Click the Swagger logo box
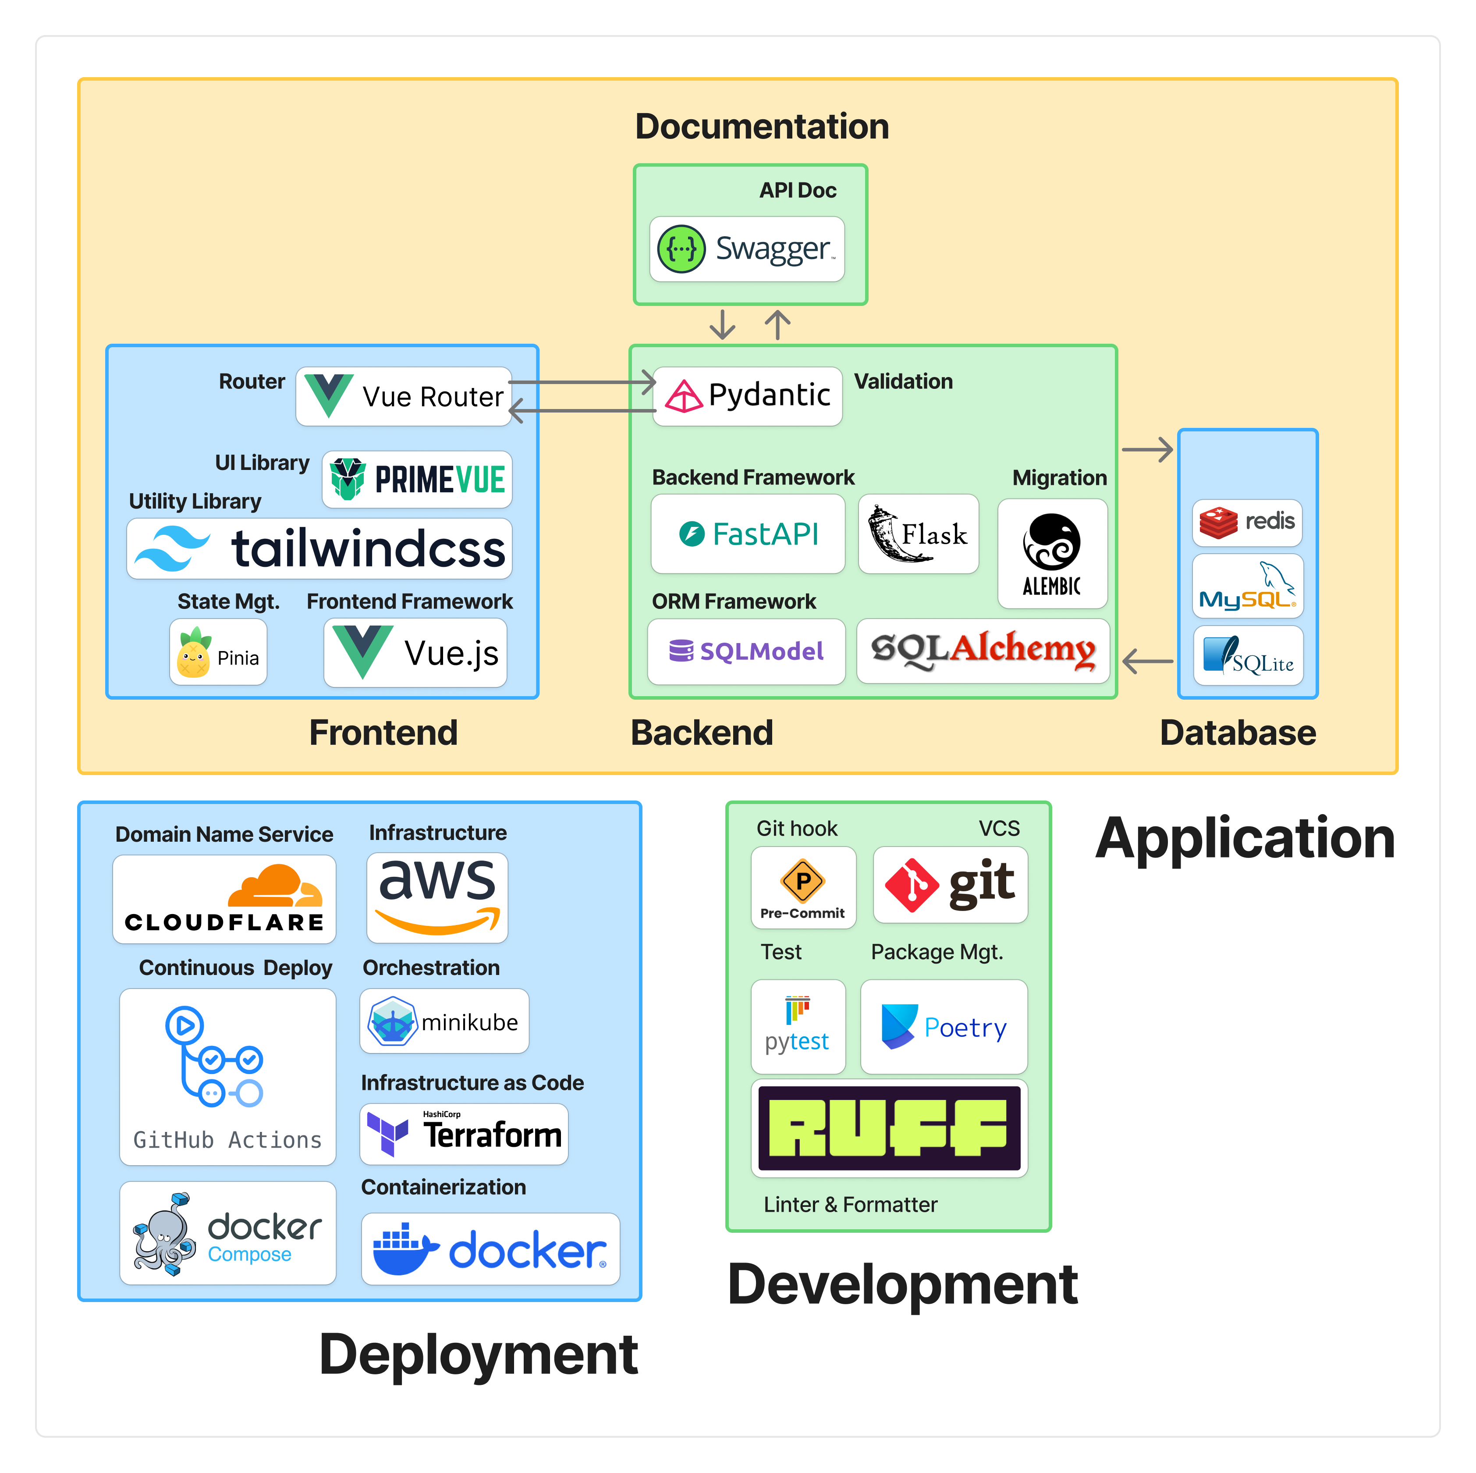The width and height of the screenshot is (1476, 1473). pyautogui.click(x=746, y=249)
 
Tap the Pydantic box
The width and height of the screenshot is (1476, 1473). pyautogui.click(x=747, y=396)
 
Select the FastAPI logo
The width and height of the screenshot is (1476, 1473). pyautogui.click(x=747, y=534)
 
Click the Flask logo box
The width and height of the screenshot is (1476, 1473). pyautogui.click(x=918, y=534)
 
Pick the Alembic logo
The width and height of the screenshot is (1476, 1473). pyautogui.click(x=1051, y=553)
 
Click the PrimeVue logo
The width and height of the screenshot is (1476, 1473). pyautogui.click(x=416, y=479)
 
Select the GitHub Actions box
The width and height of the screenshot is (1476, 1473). pyautogui.click(x=227, y=1076)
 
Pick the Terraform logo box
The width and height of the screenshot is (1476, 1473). pyautogui.click(x=464, y=1134)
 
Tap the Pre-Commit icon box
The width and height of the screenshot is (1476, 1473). pyautogui.click(x=803, y=887)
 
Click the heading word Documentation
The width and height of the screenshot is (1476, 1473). pyautogui.click(x=762, y=126)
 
